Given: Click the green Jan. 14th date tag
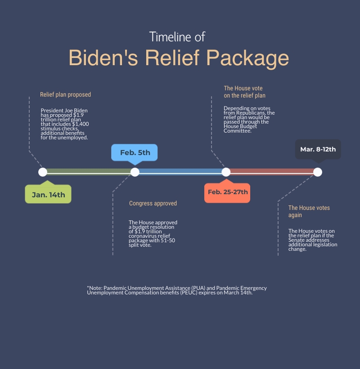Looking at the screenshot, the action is point(48,195).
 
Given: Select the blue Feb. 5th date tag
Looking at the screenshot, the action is point(135,153).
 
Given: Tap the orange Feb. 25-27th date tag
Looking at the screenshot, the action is point(227,192).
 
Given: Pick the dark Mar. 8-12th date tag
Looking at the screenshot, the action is point(318,149).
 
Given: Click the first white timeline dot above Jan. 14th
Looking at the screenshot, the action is point(43,172).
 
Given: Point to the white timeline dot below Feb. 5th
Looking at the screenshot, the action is point(135,172).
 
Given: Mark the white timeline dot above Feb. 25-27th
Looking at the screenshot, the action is point(226,172).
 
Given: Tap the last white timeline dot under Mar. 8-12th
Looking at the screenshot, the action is point(318,172).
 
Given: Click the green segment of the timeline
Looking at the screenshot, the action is point(89,172).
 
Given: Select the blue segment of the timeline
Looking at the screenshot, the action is point(180,172).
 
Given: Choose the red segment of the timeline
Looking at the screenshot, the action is point(272,172).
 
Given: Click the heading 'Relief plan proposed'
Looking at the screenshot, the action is point(65,95).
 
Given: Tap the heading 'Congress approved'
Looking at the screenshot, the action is point(153,203).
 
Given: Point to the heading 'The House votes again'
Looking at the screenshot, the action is point(309,211).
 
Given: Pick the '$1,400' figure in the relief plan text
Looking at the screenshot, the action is point(81,124).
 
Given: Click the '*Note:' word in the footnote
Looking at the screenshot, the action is point(94,288).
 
